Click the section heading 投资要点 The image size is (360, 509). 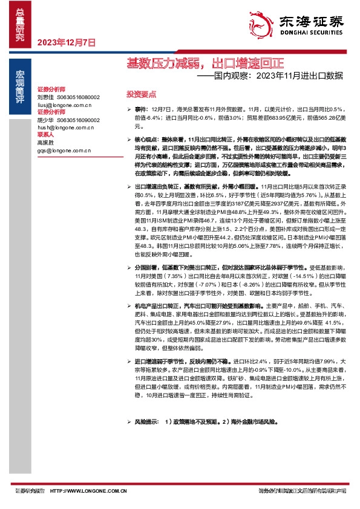tap(140, 95)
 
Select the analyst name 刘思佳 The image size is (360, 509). tap(45, 97)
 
